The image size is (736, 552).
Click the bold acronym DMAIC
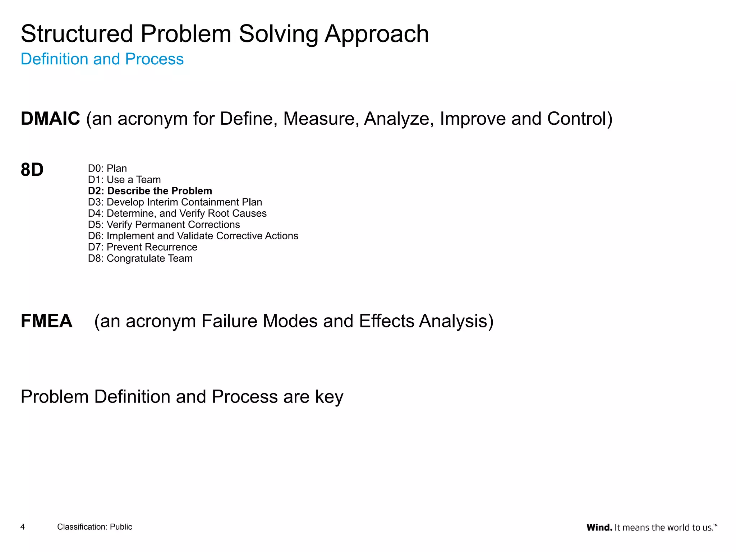click(50, 119)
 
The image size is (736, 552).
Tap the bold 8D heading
click(32, 170)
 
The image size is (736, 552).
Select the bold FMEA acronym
click(46, 321)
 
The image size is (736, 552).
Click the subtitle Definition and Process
click(102, 59)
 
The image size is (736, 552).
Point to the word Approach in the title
click(377, 34)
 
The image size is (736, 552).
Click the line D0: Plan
click(107, 168)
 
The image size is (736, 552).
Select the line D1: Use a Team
click(124, 179)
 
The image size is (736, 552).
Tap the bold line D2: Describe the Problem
click(150, 191)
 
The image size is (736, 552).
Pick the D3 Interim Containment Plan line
click(175, 202)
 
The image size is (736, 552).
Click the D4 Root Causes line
click(177, 213)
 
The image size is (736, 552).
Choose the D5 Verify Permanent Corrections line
click(164, 225)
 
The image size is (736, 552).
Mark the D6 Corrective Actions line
click(193, 236)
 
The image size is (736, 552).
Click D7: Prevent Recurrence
click(143, 247)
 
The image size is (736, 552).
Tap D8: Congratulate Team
click(140, 258)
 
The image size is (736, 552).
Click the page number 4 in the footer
click(23, 527)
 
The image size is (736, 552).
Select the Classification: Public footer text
click(95, 527)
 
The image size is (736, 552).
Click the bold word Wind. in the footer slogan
click(599, 528)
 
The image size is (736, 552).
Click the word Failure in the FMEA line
click(229, 321)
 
